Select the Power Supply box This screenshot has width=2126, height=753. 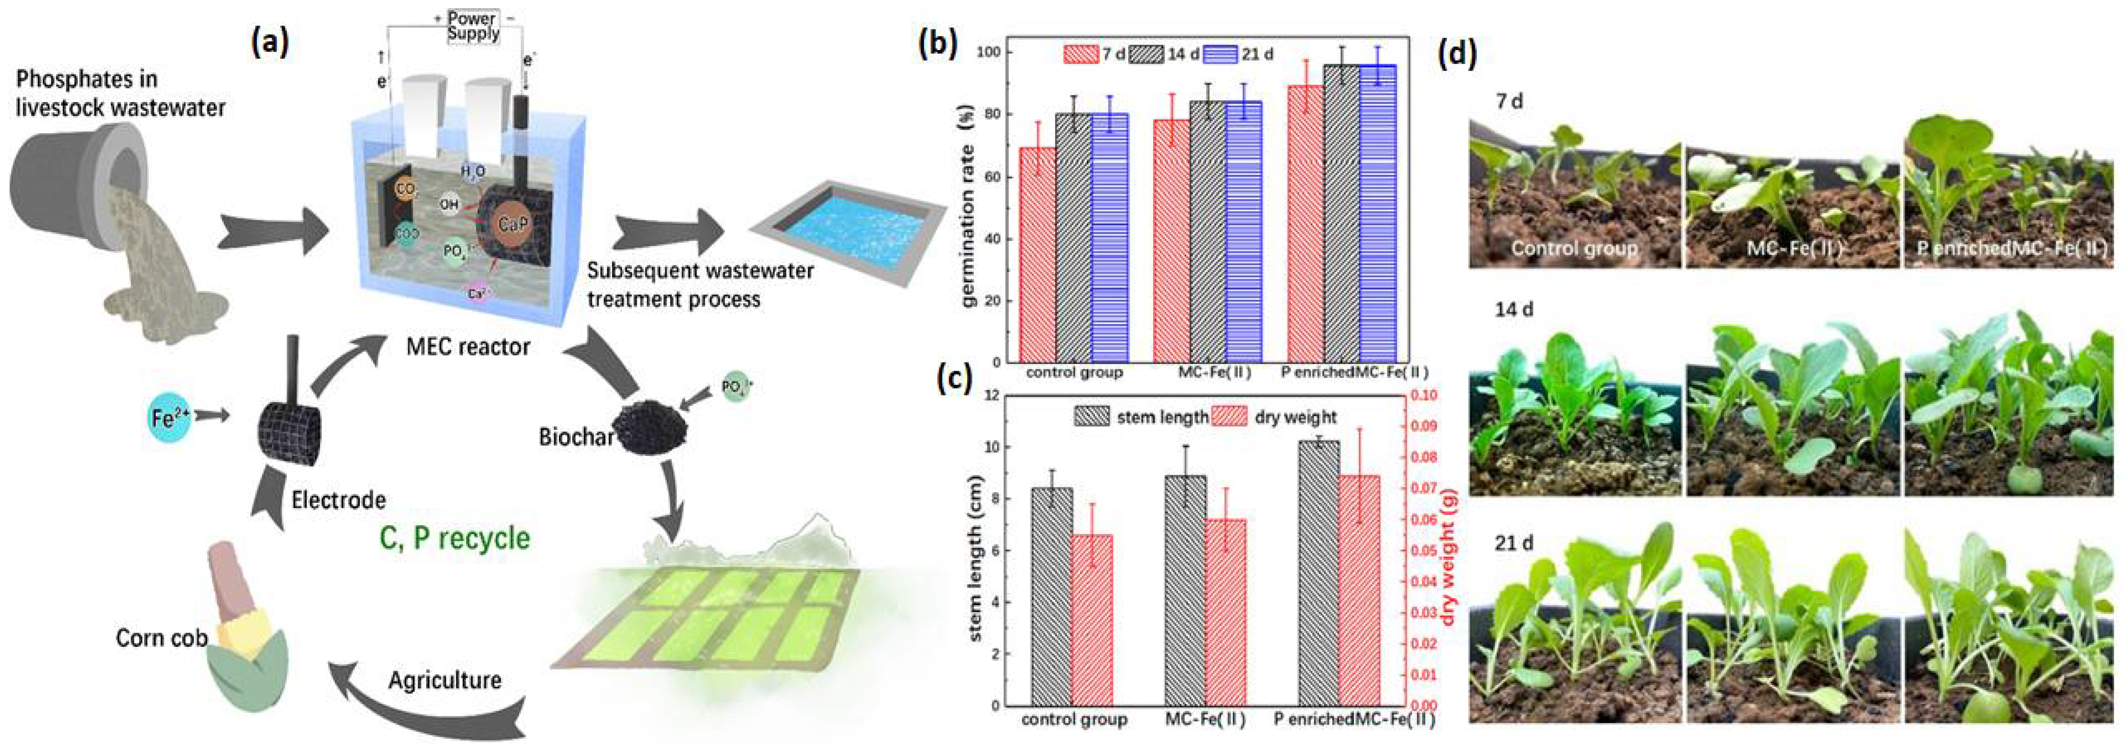473,26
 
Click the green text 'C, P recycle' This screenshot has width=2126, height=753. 455,538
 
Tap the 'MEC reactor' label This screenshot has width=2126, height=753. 468,346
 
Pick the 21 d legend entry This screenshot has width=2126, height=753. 1237,55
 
